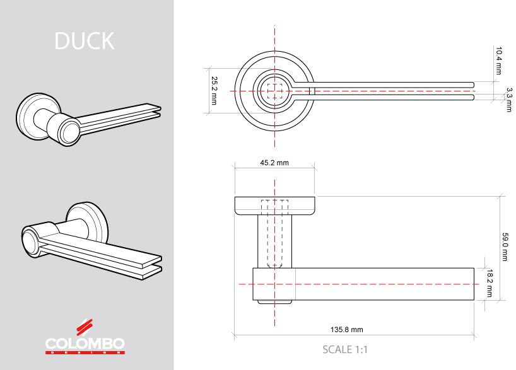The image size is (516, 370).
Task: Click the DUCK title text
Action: pos(85,41)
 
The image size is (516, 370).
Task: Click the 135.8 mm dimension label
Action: pos(347,329)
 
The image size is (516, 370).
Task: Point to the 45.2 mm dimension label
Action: pos(274,163)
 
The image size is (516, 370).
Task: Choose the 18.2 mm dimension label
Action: pos(490,284)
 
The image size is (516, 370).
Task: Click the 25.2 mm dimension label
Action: pos(214,91)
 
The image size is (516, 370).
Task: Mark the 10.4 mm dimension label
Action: pos(498,61)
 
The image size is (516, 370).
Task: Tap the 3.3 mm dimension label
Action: pos(509,100)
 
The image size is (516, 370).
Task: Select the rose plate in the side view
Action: pos(275,206)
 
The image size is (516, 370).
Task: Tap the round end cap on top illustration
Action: pos(69,133)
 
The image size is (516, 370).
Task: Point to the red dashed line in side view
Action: pos(378,284)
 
